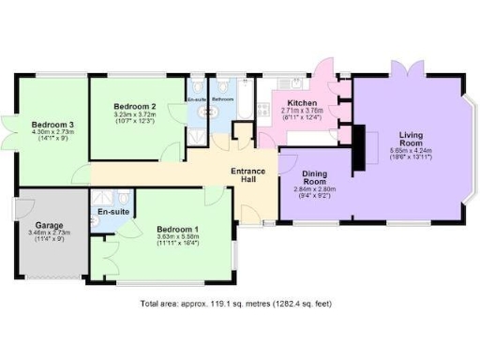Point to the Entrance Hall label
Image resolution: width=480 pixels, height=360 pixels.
pyautogui.click(x=249, y=176)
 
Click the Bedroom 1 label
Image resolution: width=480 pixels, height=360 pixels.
pyautogui.click(x=177, y=229)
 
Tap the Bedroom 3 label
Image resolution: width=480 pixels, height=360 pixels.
pyautogui.click(x=52, y=124)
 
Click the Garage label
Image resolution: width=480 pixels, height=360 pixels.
pyautogui.click(x=50, y=226)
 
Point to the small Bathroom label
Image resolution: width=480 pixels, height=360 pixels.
pyautogui.click(x=223, y=99)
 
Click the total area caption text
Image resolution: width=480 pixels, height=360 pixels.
pyautogui.click(x=235, y=304)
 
